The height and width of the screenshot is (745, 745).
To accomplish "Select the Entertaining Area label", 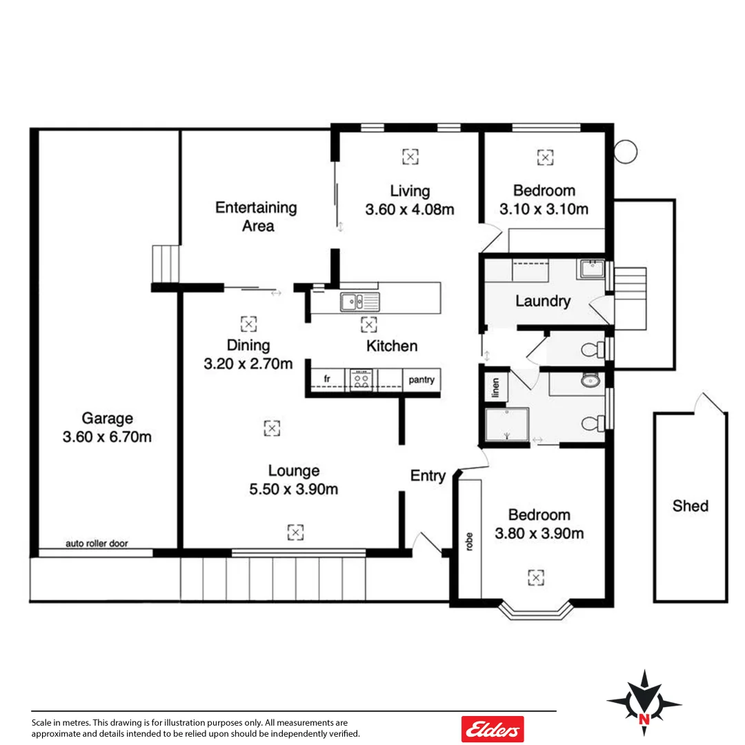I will pos(256,217).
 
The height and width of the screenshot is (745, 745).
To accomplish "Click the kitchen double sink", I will pos(359,301).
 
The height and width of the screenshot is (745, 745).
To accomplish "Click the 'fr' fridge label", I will pos(327,379).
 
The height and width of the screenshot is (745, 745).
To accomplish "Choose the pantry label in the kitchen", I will pos(421,379).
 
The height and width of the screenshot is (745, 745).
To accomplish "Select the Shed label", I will pos(690,506).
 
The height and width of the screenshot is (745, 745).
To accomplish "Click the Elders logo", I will pos(492,728).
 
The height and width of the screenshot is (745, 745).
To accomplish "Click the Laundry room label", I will pos(543,301).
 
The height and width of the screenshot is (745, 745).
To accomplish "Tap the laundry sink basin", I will pos(591,268).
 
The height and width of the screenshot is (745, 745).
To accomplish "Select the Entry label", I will pos(428,476).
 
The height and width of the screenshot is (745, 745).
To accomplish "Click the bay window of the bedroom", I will pos(536,610).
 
